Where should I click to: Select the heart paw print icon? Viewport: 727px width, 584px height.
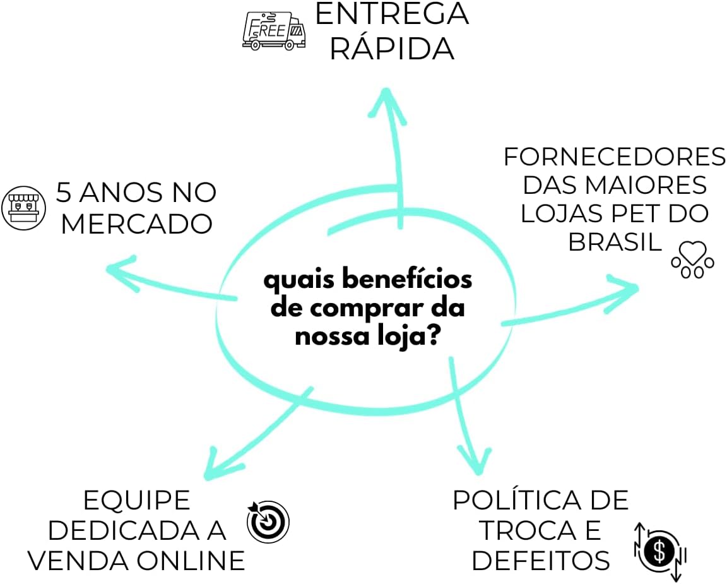click(x=692, y=259)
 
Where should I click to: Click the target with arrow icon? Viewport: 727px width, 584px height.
click(x=268, y=521)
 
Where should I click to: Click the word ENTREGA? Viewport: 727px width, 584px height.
click(x=392, y=14)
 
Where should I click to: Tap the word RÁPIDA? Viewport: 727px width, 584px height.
click(x=392, y=49)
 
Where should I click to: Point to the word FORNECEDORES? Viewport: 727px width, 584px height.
click(x=615, y=157)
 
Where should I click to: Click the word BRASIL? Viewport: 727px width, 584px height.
click(x=615, y=241)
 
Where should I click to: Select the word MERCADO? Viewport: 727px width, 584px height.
click(x=136, y=224)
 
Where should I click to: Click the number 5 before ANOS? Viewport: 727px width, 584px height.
click(x=64, y=193)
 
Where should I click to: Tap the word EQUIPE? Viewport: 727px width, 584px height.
click(x=137, y=501)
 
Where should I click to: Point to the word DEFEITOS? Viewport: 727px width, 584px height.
click(x=541, y=560)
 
